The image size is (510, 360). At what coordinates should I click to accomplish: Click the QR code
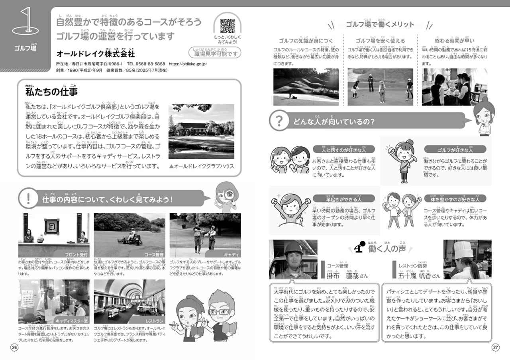pos(227,26)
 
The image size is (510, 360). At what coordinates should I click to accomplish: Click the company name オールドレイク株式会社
pos(96,53)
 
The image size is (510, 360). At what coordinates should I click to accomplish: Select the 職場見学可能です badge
pos(215,53)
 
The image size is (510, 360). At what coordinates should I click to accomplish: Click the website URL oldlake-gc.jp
pos(188,64)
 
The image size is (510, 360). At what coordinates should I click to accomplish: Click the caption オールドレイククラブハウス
pos(202,166)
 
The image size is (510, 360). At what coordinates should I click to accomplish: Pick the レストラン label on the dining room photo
pos(155,320)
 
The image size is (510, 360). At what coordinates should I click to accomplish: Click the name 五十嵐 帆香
pos(412,275)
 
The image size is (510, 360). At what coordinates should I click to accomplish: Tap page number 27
pos(495,347)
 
